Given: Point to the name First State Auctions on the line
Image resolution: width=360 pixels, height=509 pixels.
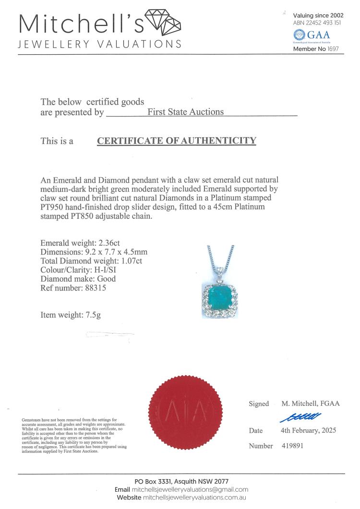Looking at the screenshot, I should coord(185,112).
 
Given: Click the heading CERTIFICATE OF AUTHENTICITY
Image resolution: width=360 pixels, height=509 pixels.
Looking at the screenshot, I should coord(177,141).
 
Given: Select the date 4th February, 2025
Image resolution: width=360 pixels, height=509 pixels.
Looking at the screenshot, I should coord(308,430).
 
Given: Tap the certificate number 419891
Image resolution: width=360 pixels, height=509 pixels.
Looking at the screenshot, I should coord(292,446).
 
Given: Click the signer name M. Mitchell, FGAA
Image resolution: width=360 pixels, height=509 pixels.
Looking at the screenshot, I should coord(310,403).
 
